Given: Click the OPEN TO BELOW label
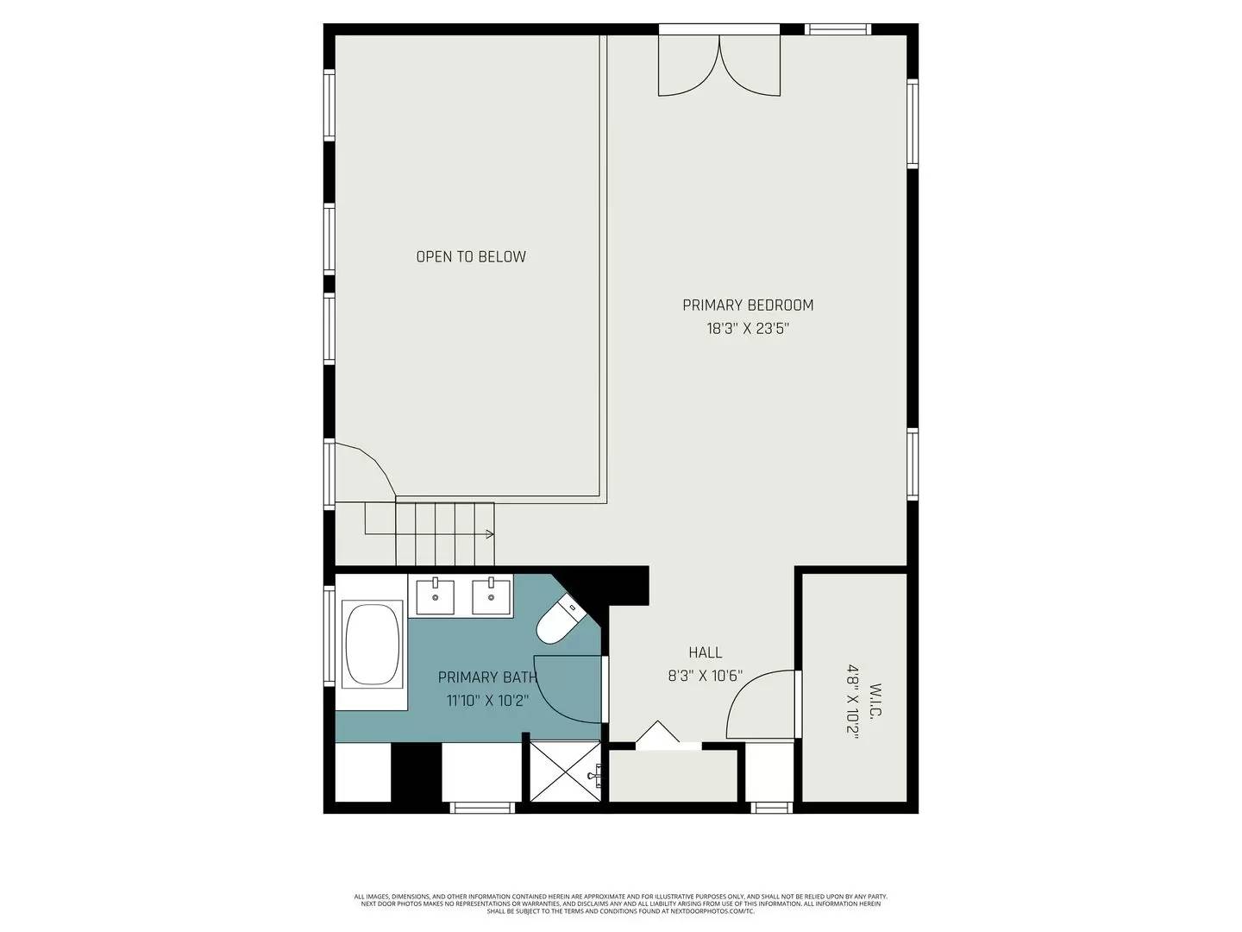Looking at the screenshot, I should (x=471, y=256).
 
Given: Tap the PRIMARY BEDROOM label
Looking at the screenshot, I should (x=748, y=305).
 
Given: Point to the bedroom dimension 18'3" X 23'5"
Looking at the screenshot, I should (x=748, y=328).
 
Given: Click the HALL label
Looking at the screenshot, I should (x=705, y=652).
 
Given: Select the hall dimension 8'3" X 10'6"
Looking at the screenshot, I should (x=705, y=676).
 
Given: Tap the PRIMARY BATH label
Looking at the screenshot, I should (x=487, y=677).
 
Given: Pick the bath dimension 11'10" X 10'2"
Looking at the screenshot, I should (x=487, y=700).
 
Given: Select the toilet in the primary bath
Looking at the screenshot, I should (x=560, y=620).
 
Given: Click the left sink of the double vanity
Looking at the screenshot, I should (x=436, y=595).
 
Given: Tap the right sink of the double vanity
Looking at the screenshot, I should (x=492, y=595).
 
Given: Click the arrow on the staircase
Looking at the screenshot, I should (x=489, y=534).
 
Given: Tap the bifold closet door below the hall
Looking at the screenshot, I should (x=658, y=734).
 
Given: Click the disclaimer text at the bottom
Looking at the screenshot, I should (x=620, y=904).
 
